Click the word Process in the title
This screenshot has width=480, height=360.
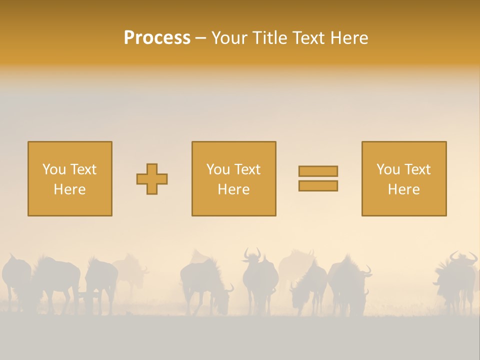pos(157,38)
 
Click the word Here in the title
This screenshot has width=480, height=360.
pos(350,38)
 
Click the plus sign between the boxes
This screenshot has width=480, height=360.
pos(152,179)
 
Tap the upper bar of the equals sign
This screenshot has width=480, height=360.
pos(318,171)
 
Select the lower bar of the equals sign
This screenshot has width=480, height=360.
pos(318,186)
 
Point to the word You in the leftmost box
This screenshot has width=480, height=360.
pos(54,169)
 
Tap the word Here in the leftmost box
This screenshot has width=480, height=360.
pos(69,189)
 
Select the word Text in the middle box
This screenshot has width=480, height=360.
pos(247,169)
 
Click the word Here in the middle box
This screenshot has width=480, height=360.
pos(233,189)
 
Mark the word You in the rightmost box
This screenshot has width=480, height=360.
pos(388,169)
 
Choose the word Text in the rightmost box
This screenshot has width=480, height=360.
pos(417,169)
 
